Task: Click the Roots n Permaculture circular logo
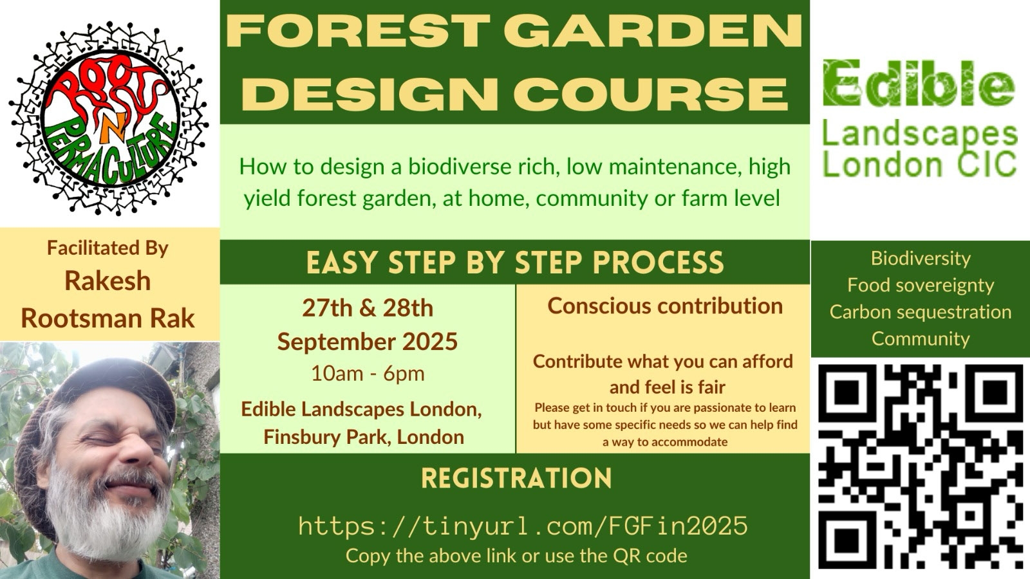click(x=109, y=118)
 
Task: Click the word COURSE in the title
click(x=655, y=93)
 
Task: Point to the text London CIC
click(x=919, y=164)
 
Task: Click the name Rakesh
click(x=108, y=280)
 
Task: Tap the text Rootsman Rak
click(x=108, y=318)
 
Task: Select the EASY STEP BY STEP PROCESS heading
click(x=515, y=262)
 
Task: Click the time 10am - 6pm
click(x=368, y=374)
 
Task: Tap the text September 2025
click(x=368, y=342)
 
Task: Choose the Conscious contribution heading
click(x=665, y=306)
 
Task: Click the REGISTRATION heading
click(x=516, y=479)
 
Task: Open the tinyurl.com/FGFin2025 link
click(x=523, y=526)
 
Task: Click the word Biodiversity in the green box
click(x=921, y=259)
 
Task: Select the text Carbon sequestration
click(x=921, y=312)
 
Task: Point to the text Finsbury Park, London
click(x=364, y=437)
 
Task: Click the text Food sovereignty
click(x=921, y=286)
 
